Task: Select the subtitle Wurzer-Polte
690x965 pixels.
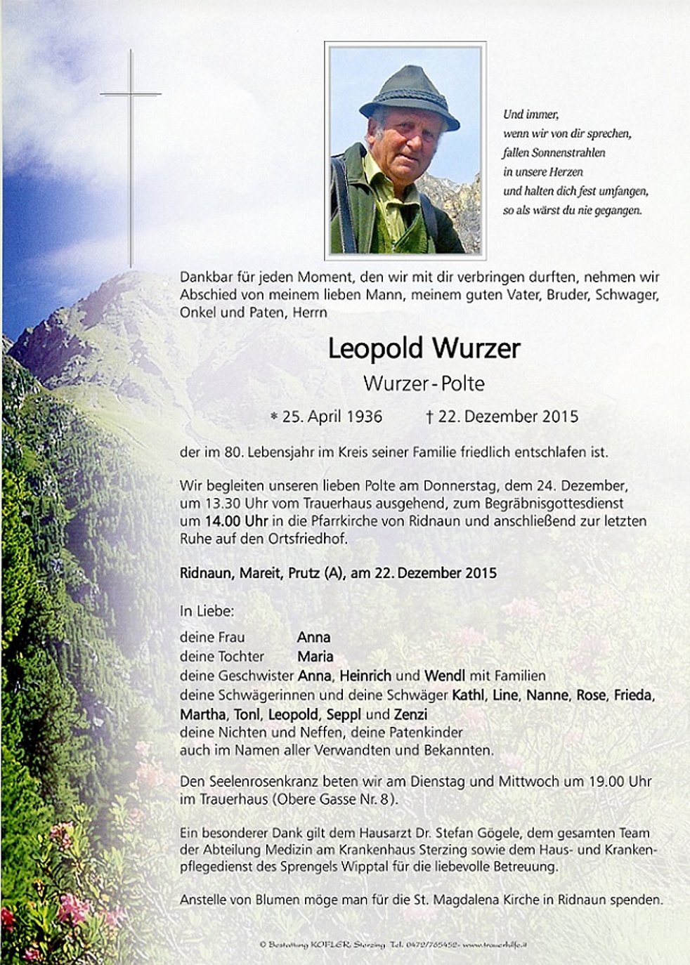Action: (424, 383)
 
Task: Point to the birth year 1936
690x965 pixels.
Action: (365, 416)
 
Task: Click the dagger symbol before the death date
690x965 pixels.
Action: (429, 417)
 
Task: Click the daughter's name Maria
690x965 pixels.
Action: (315, 657)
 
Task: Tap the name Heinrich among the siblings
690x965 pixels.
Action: (365, 676)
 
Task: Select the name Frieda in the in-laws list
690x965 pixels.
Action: (633, 695)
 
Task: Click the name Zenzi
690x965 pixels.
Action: (410, 715)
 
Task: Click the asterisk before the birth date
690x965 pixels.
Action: (274, 416)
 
